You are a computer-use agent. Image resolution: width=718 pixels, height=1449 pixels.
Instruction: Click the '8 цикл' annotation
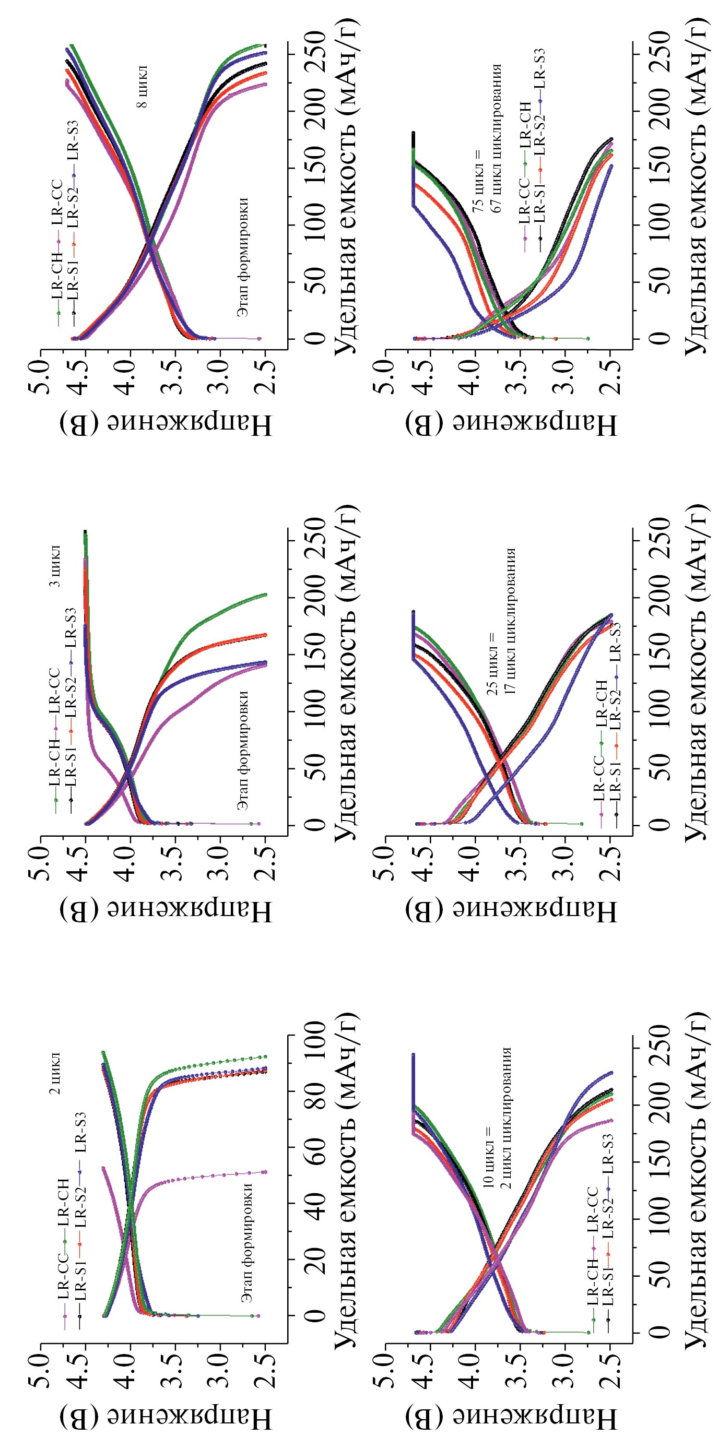coord(143,87)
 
